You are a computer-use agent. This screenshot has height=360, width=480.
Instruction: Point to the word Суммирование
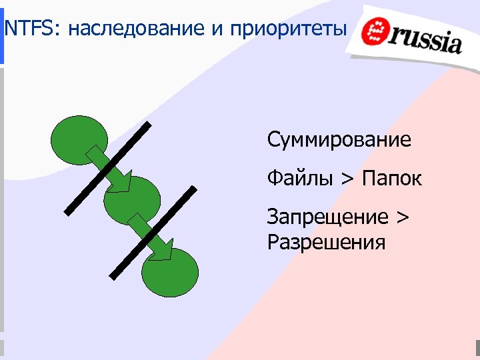pyautogui.click(x=339, y=141)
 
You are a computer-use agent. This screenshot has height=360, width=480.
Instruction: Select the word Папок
pyautogui.click(x=392, y=179)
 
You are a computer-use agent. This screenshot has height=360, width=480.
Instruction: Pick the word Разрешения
pyautogui.click(x=326, y=241)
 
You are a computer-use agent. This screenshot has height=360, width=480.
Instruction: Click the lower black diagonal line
pyautogui.click(x=153, y=233)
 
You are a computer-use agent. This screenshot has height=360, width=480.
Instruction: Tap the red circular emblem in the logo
pyautogui.click(x=379, y=33)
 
